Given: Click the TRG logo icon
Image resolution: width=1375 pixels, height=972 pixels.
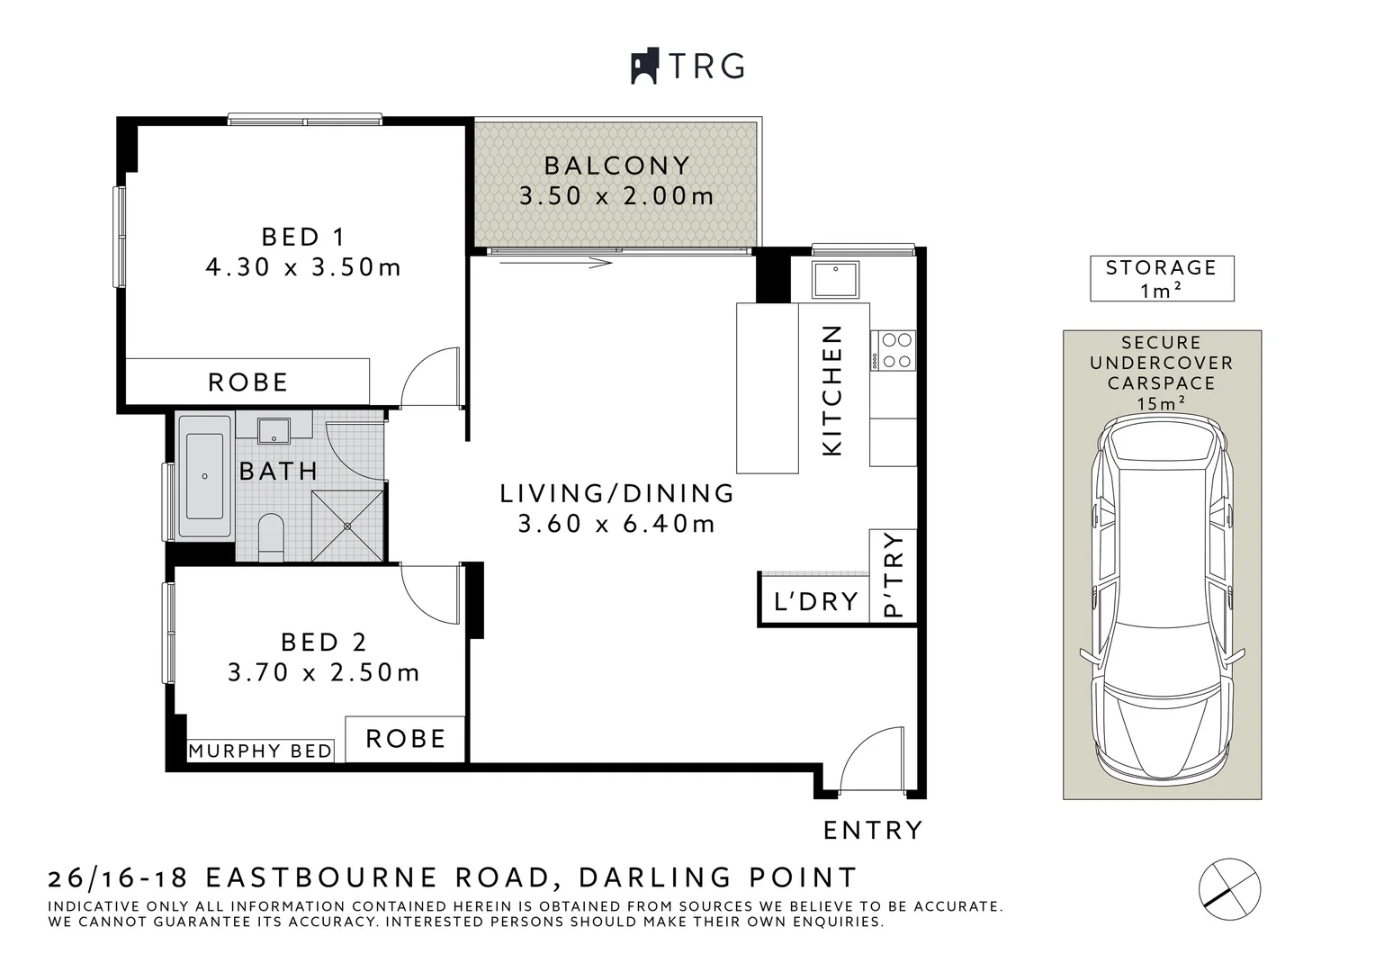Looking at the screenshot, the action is click(644, 66).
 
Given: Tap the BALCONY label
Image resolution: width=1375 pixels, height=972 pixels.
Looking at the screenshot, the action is click(617, 166).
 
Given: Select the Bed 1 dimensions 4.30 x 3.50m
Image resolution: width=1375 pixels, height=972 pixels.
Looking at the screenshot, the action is click(303, 267).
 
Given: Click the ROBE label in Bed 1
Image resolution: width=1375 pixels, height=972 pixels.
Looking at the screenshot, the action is click(248, 382).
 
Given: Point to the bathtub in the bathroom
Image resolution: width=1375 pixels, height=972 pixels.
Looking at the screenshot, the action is click(204, 476).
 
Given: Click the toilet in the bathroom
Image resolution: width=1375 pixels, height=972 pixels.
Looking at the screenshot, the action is click(271, 536).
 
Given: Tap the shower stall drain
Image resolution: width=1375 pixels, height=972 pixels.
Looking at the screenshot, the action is click(347, 526).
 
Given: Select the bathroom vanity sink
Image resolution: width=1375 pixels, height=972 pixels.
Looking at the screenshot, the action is click(274, 430).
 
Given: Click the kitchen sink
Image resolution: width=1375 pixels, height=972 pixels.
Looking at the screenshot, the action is click(835, 279).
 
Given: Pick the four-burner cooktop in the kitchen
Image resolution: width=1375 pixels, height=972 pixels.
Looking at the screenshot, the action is click(894, 351).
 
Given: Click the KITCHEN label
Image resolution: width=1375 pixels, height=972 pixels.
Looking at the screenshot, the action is click(831, 391).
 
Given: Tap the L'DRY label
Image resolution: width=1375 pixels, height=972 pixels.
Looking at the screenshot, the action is click(816, 602).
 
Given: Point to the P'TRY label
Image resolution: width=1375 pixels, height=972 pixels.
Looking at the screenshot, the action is click(894, 574).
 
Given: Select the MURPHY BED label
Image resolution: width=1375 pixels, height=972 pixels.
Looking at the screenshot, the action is click(260, 751).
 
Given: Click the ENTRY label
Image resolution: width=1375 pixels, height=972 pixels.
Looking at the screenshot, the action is click(873, 830).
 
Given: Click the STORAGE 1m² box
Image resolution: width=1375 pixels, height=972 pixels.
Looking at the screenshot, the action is click(1162, 278).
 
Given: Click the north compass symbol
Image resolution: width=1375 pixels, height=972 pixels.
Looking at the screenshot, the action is click(1229, 889).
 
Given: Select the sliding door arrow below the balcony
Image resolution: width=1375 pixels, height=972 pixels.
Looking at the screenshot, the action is click(556, 264).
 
